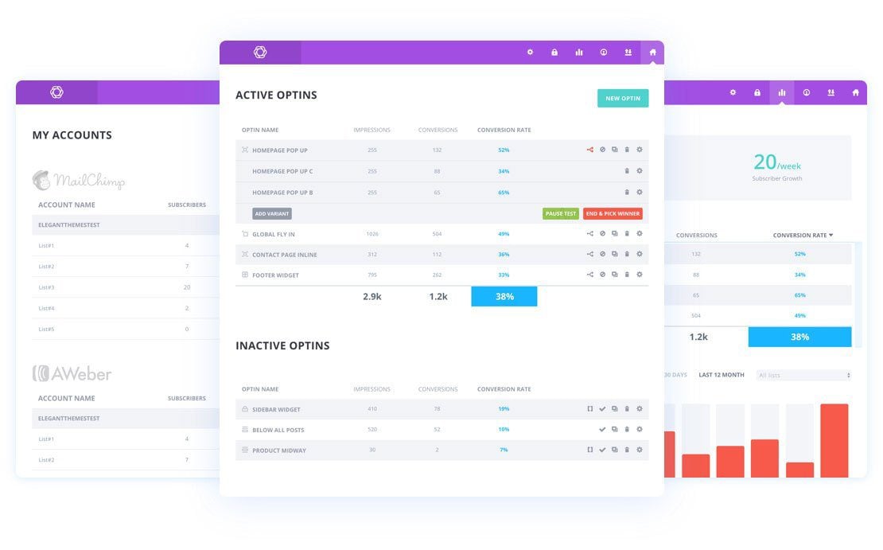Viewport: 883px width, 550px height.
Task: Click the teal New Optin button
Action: [x=623, y=98]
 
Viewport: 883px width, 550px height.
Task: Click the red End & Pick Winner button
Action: [x=613, y=213]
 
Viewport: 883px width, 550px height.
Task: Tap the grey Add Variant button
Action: [x=272, y=213]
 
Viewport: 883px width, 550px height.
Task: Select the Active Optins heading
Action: [x=276, y=95]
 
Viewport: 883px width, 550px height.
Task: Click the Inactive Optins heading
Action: [x=282, y=345]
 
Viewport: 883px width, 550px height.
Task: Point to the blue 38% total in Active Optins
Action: [x=504, y=296]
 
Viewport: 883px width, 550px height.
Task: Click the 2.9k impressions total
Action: [x=372, y=296]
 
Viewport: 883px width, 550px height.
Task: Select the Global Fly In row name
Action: [x=274, y=234]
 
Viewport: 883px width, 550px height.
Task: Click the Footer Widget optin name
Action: [x=275, y=275]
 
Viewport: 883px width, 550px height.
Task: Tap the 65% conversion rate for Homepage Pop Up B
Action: [x=504, y=192]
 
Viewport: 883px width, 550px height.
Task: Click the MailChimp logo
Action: [x=79, y=181]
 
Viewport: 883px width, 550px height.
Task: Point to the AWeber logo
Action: [x=72, y=373]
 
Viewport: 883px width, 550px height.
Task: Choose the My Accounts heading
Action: [x=72, y=135]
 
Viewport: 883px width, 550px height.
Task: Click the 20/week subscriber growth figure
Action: [x=776, y=162]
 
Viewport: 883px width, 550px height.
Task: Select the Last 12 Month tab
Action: [x=722, y=375]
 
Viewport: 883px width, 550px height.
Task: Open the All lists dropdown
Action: [x=803, y=375]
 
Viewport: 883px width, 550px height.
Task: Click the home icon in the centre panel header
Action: [x=652, y=53]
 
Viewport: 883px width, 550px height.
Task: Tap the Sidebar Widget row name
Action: [x=276, y=409]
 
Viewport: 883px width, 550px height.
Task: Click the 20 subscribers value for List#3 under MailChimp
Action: [x=187, y=287]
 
